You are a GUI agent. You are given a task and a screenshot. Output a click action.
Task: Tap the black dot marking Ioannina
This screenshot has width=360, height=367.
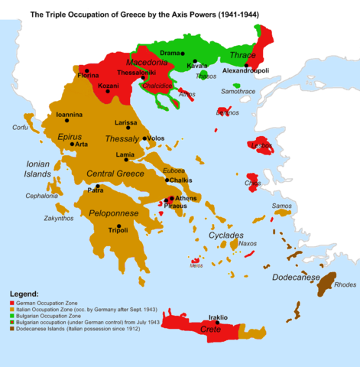pyautogui.click(x=67, y=121)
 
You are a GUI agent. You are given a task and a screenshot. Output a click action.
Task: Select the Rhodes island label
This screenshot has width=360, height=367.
pyautogui.click(x=345, y=285)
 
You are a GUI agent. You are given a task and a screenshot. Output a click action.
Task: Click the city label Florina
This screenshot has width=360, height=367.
pyautogui.click(x=88, y=77)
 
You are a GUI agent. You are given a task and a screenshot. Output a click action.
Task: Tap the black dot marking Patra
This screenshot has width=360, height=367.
pyautogui.click(x=97, y=186)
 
